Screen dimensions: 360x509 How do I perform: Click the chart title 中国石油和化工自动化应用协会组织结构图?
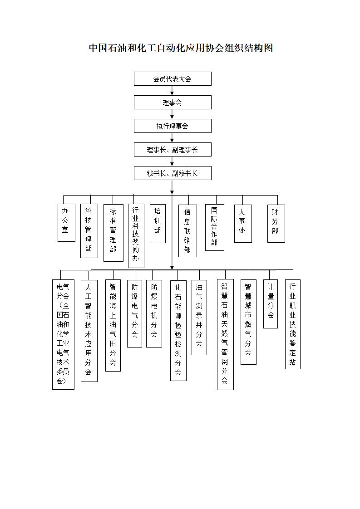pyautogui.click(x=181, y=48)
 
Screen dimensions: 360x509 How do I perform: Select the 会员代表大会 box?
pyautogui.click(x=173, y=79)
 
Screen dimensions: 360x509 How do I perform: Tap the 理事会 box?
pyautogui.click(x=173, y=102)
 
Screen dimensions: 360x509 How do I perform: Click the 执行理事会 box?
pyautogui.click(x=173, y=126)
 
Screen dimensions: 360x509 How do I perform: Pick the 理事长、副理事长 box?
pyautogui.click(x=173, y=150)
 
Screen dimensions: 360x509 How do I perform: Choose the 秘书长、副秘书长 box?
pyautogui.click(x=173, y=173)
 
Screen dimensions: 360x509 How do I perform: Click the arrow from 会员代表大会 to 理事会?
pyautogui.click(x=172, y=91)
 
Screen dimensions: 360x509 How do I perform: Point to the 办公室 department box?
pyautogui.click(x=66, y=223)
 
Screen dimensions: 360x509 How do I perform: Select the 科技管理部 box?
pyautogui.click(x=89, y=231)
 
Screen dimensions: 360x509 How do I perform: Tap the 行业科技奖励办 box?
pyautogui.click(x=136, y=236)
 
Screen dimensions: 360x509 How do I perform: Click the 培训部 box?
pyautogui.click(x=158, y=223)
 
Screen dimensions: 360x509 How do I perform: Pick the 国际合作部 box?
pyautogui.click(x=214, y=227)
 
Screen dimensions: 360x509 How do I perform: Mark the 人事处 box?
pyautogui.click(x=243, y=223)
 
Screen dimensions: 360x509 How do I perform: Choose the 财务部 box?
pyautogui.click(x=276, y=223)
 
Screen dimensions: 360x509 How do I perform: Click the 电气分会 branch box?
pyautogui.click(x=63, y=334)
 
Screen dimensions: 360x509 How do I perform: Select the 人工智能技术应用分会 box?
pyautogui.click(x=89, y=331)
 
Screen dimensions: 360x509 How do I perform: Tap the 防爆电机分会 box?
pyautogui.click(x=154, y=313)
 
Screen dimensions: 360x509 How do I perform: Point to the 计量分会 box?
pyautogui.click(x=270, y=304)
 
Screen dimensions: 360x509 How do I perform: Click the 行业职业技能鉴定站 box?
pyautogui.click(x=292, y=324)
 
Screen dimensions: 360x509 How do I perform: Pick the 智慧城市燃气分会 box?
pyautogui.click(x=248, y=322)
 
